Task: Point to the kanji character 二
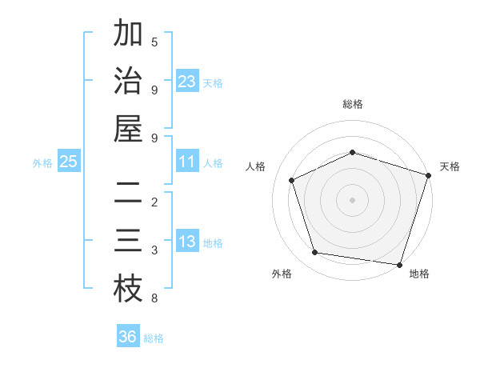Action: [x=128, y=194]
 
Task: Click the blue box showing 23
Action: [x=187, y=82]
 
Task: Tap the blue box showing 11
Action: [x=187, y=162]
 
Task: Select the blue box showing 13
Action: [x=187, y=242]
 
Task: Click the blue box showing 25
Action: [x=69, y=162]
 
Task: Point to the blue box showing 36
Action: [x=128, y=337]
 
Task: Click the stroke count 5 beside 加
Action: [x=154, y=42]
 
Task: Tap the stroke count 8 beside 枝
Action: [x=154, y=298]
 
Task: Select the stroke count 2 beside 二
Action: [x=154, y=202]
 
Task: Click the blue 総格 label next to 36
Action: [x=154, y=338]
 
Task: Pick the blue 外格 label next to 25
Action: [x=42, y=163]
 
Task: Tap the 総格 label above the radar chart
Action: [x=352, y=104]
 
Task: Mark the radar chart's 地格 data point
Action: [x=399, y=264]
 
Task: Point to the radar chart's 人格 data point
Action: [x=292, y=181]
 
